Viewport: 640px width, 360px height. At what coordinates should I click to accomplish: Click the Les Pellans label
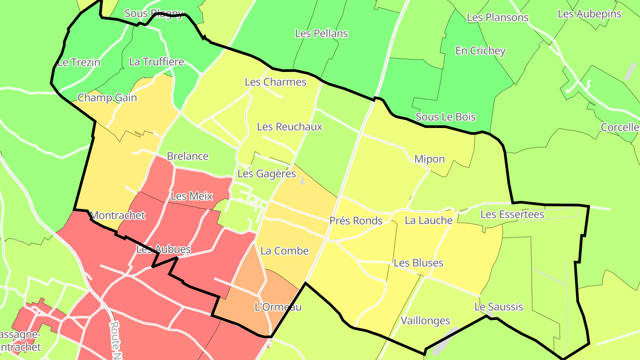click(321, 33)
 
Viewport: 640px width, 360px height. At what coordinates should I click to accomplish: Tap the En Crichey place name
click(480, 51)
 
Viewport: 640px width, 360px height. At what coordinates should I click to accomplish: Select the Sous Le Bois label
click(445, 117)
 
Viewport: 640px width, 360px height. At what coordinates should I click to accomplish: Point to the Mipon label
click(429, 159)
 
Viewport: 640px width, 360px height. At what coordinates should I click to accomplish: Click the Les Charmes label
click(276, 82)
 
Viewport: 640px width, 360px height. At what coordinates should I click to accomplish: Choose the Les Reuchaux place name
click(290, 127)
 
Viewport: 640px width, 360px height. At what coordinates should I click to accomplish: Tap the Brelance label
click(188, 156)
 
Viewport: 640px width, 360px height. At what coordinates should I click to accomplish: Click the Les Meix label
click(192, 196)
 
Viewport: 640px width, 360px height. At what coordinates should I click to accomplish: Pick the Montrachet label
click(118, 216)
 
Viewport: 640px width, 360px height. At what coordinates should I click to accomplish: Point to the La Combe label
click(284, 251)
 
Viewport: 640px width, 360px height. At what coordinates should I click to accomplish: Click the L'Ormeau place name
click(278, 307)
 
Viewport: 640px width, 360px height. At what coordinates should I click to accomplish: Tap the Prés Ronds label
click(356, 220)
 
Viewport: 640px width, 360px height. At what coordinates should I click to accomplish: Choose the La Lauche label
click(428, 220)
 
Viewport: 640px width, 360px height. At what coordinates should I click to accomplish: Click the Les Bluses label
click(418, 263)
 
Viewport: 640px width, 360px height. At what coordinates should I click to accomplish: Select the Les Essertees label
click(512, 215)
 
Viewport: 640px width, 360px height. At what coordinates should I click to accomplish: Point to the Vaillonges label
click(425, 320)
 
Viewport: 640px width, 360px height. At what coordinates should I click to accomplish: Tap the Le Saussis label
click(499, 307)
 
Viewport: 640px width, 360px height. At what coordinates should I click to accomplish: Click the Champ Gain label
click(107, 98)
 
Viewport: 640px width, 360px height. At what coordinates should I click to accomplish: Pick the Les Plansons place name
click(497, 17)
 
